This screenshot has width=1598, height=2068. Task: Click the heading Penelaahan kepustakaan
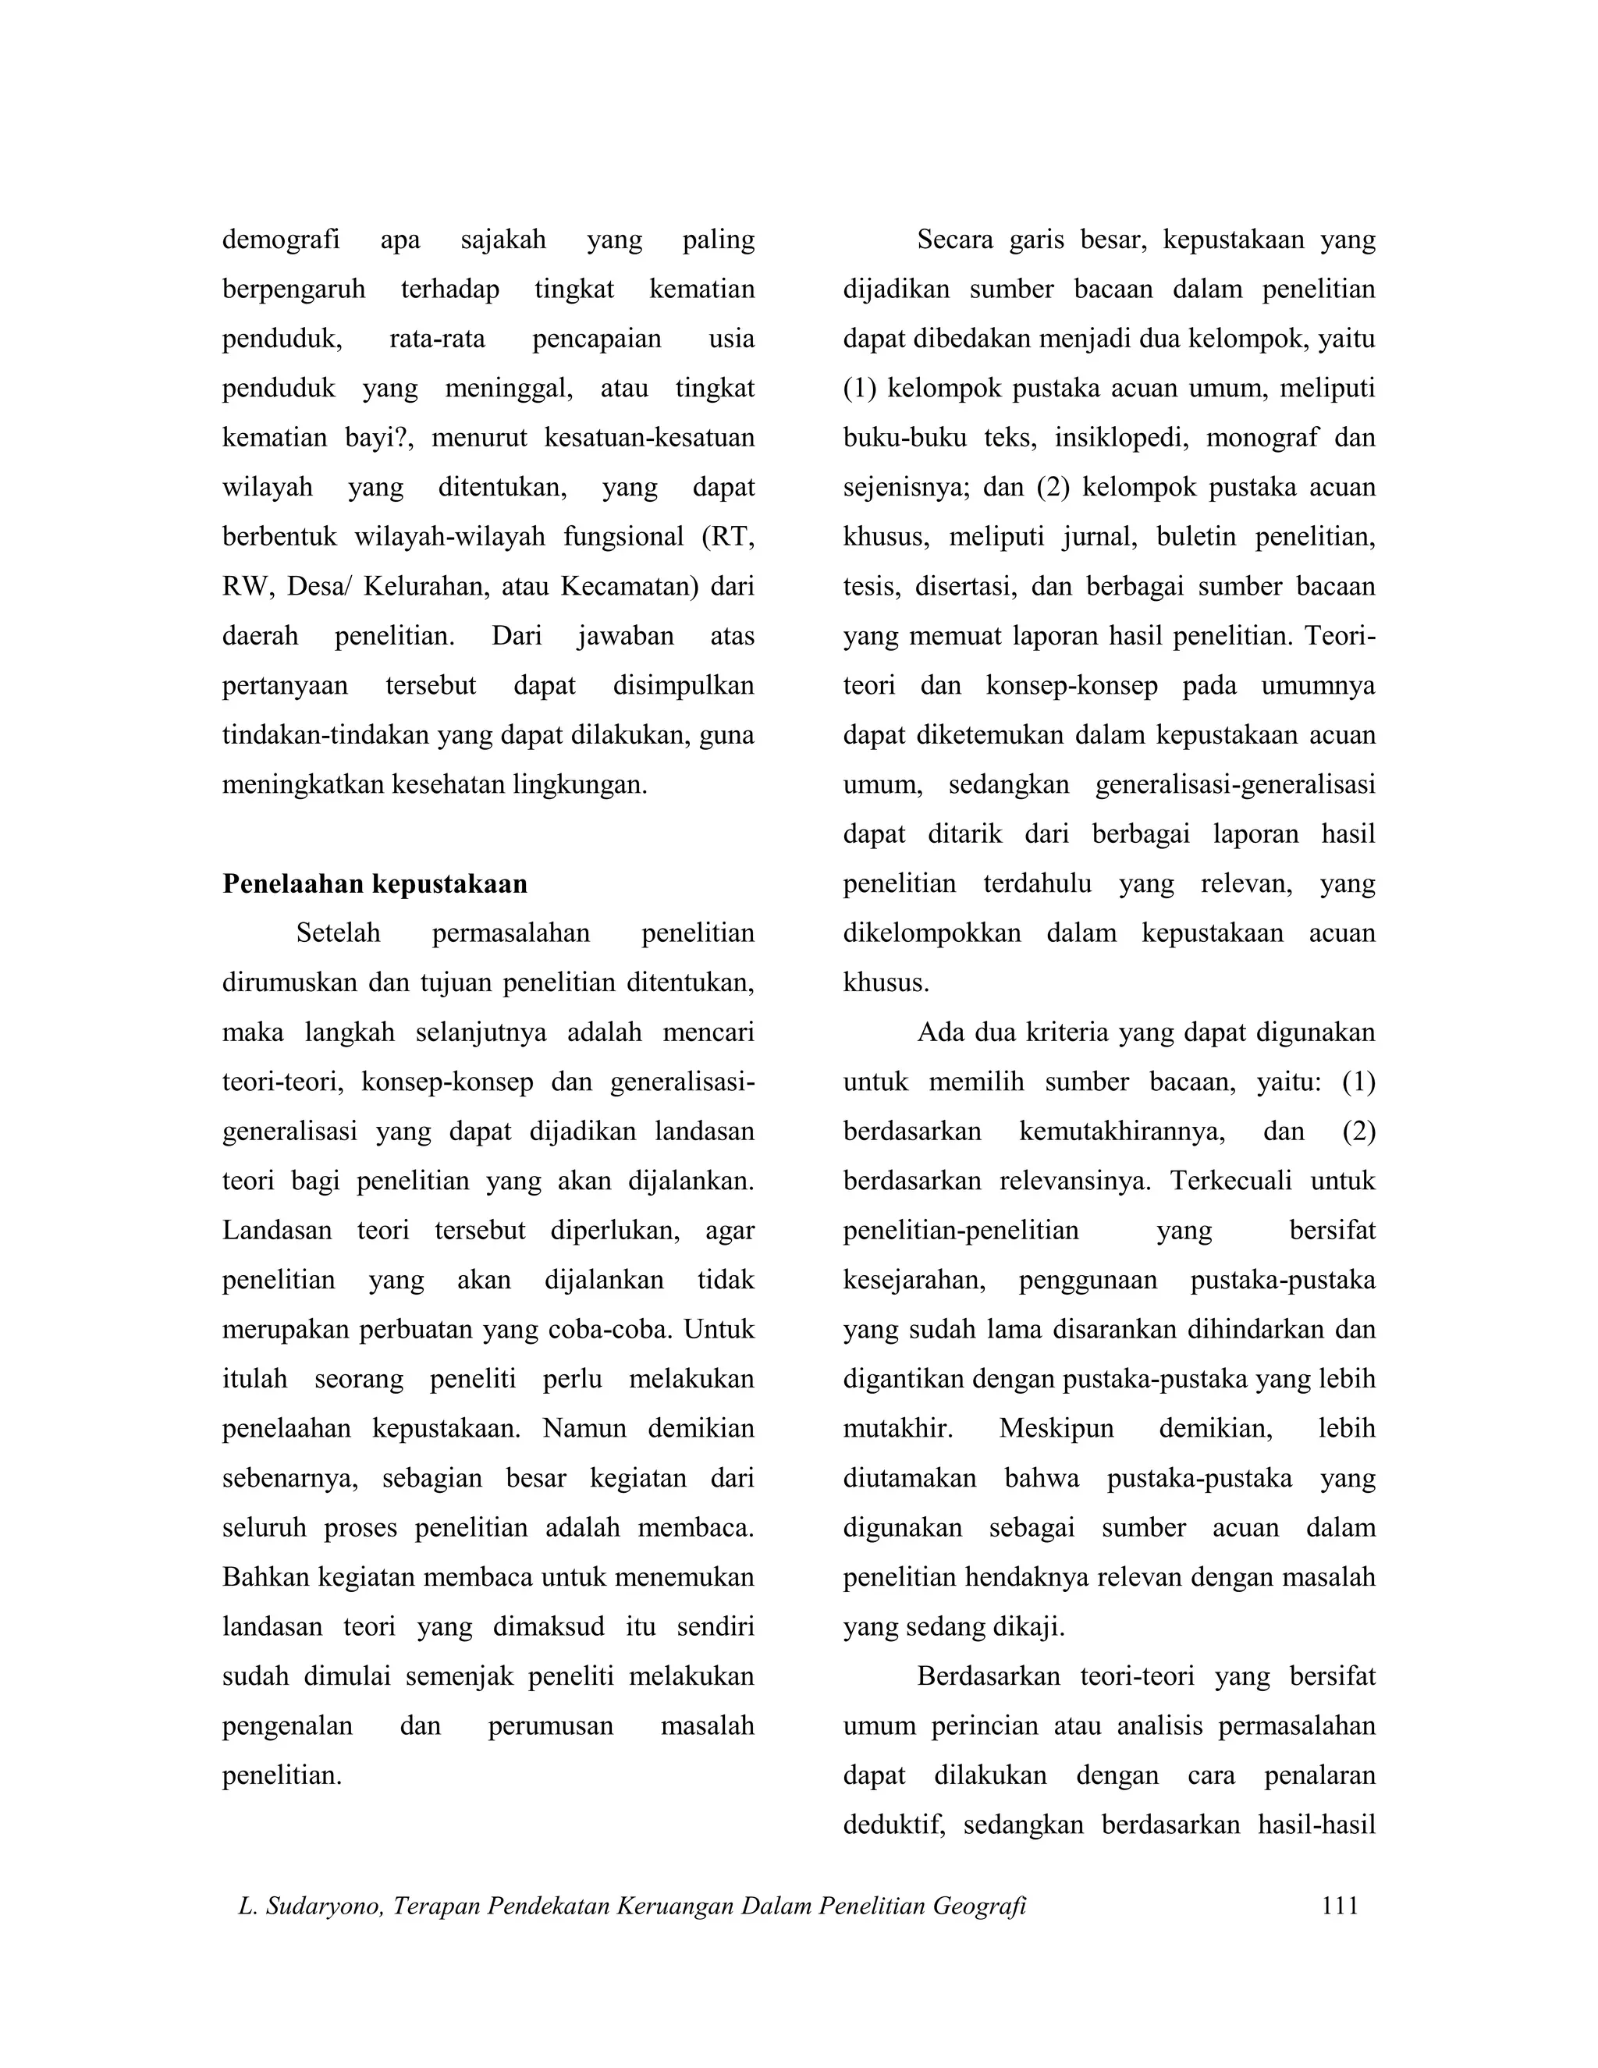[x=375, y=883]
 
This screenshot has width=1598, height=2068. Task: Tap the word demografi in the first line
[x=280, y=240]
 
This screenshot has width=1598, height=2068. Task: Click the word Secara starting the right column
[x=954, y=240]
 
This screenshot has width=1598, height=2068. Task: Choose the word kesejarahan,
[x=914, y=1280]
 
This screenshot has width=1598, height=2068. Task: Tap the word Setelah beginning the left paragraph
[x=338, y=933]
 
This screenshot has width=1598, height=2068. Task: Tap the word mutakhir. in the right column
[x=897, y=1428]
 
